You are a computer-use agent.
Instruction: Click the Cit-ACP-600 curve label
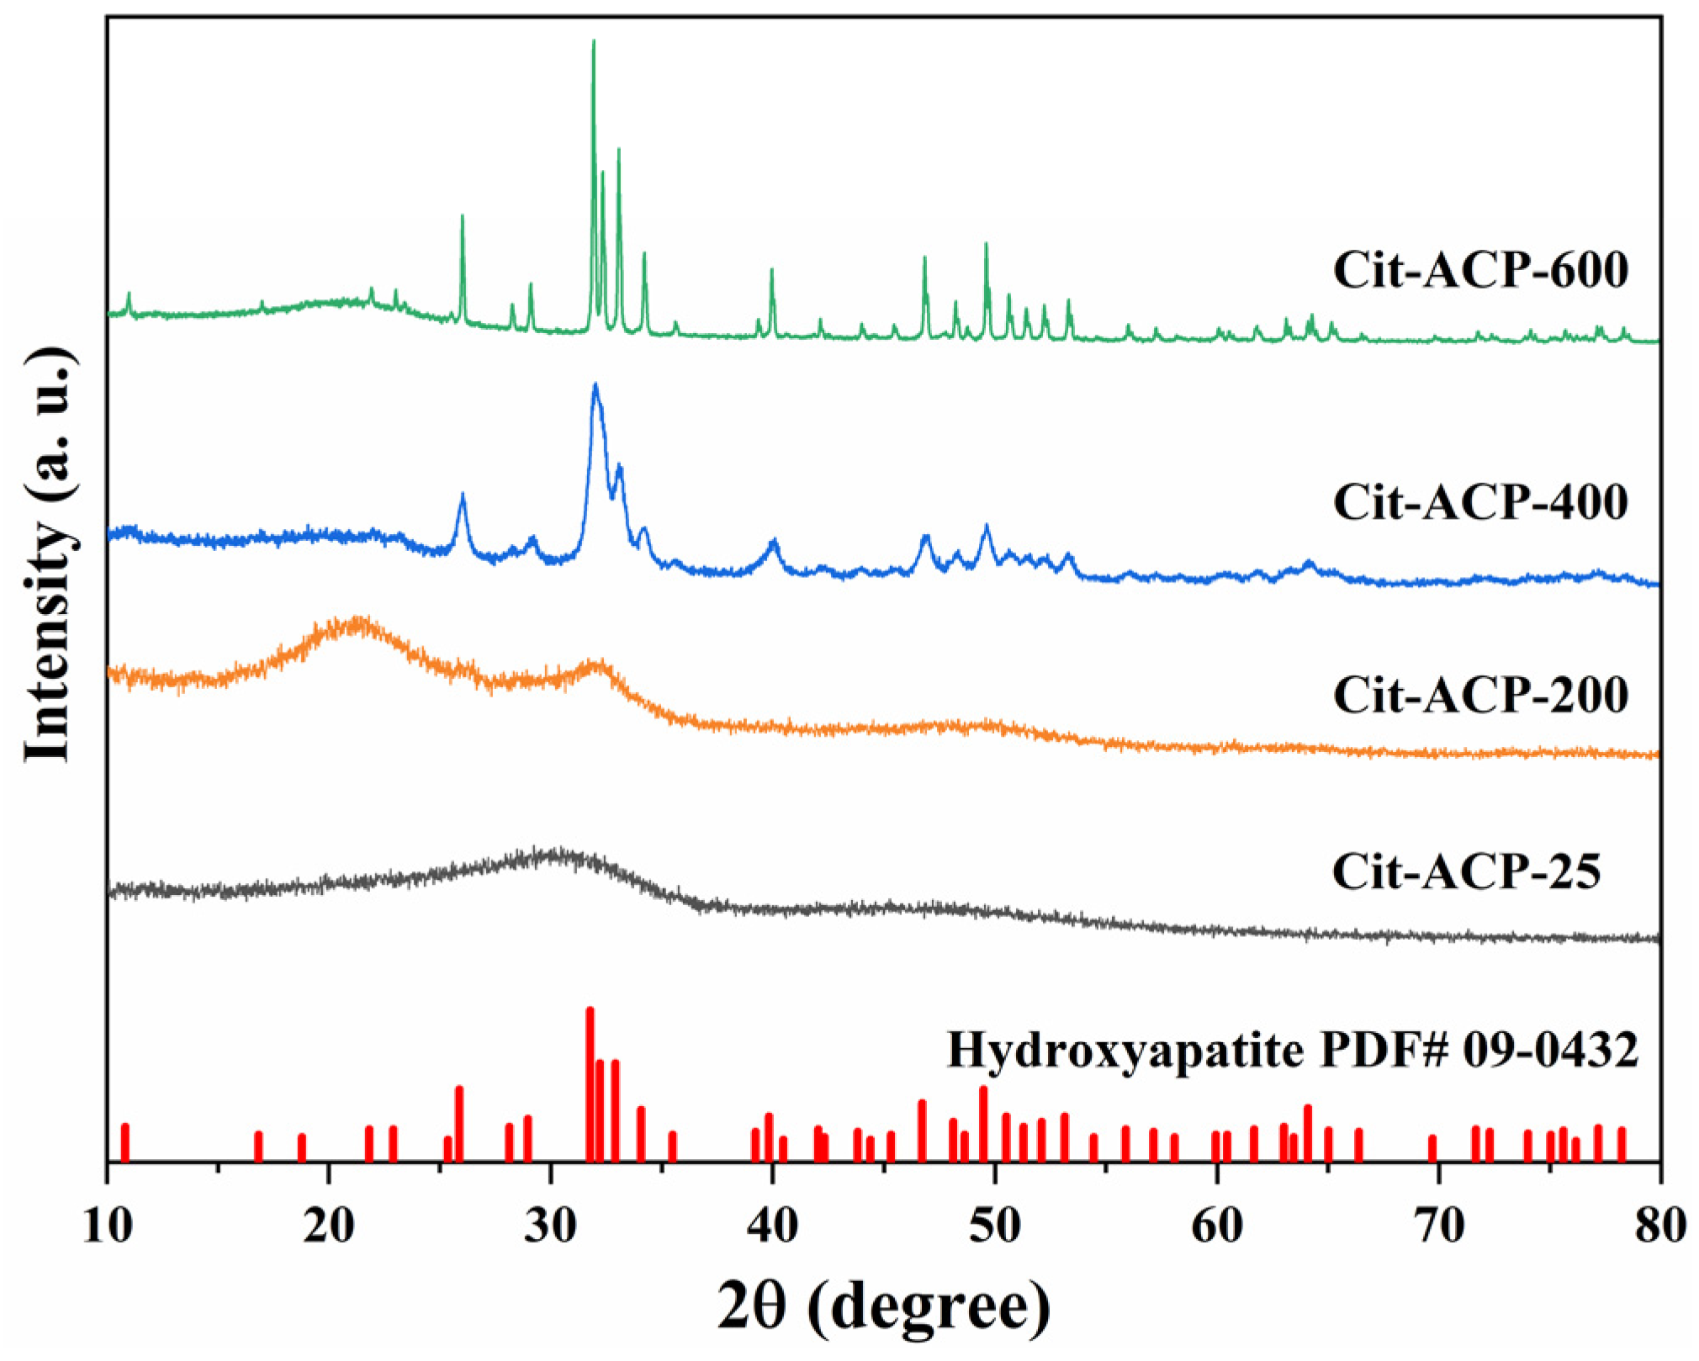point(1479,272)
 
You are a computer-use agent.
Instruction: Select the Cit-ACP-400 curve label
point(1479,502)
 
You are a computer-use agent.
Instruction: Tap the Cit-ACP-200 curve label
point(1479,695)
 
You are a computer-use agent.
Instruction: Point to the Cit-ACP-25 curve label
point(1465,871)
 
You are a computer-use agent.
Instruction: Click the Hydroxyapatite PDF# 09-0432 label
point(1293,1050)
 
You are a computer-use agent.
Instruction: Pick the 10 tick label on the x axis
point(108,1226)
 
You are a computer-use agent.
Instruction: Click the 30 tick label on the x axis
point(551,1226)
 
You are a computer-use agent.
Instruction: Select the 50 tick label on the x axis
point(995,1226)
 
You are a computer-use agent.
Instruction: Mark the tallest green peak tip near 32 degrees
point(594,41)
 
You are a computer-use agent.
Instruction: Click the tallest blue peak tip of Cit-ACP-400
point(595,385)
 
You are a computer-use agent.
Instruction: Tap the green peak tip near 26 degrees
point(462,216)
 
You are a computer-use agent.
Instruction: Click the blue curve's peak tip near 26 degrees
point(462,495)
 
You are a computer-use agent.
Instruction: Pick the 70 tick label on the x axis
point(1438,1226)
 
